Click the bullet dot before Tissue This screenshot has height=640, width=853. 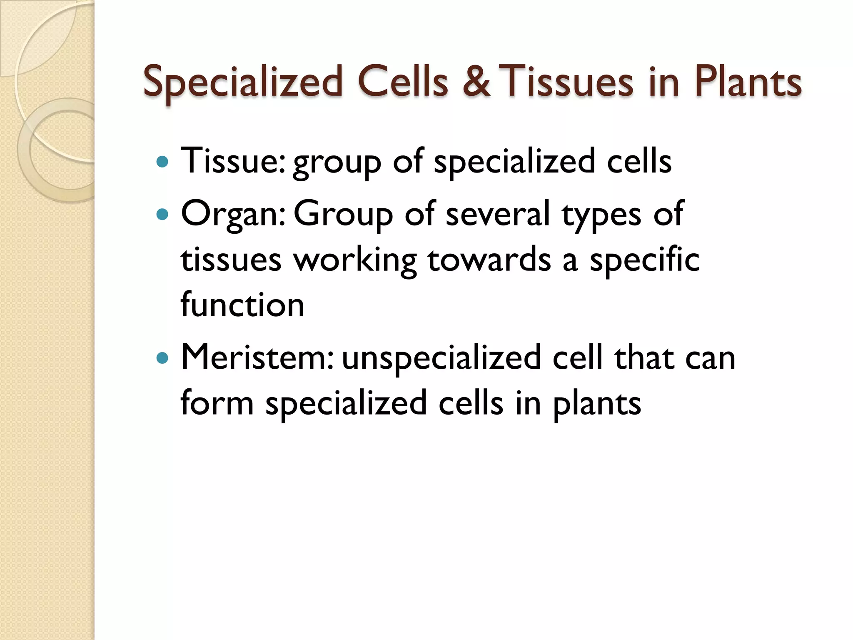(162, 162)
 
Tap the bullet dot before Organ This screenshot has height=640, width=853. (162, 215)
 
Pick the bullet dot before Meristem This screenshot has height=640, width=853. (162, 358)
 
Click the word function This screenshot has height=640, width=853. (242, 305)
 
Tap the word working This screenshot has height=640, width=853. (355, 260)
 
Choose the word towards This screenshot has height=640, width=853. (489, 260)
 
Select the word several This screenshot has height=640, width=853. (498, 214)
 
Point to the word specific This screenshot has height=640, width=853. (644, 260)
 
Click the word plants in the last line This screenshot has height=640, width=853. (597, 404)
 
